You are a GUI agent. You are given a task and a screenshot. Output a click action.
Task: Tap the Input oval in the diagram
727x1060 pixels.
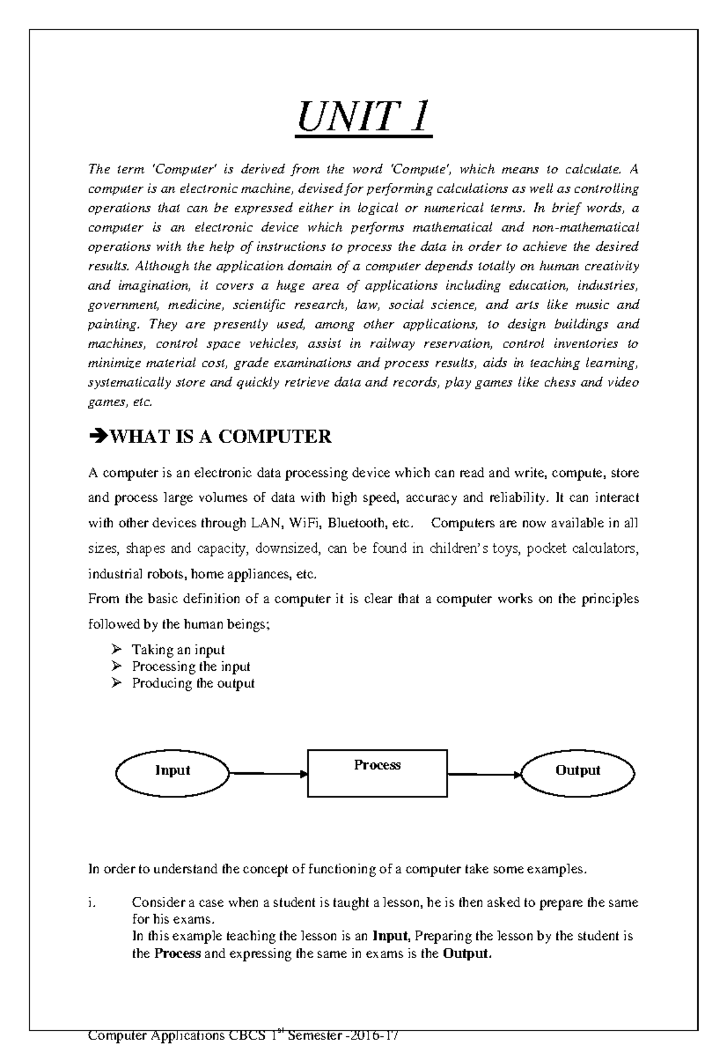(x=173, y=770)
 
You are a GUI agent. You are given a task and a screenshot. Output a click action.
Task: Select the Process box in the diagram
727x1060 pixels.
(x=377, y=772)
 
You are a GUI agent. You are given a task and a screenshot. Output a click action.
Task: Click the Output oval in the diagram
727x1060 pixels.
(x=577, y=770)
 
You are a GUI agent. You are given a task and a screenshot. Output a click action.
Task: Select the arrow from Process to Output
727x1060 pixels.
(x=485, y=774)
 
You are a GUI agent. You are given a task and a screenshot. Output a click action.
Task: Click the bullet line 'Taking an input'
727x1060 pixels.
(x=178, y=650)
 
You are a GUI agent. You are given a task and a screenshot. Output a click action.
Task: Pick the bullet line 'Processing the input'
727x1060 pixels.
(x=191, y=667)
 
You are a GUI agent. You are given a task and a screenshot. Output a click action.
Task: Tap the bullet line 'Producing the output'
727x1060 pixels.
(x=193, y=684)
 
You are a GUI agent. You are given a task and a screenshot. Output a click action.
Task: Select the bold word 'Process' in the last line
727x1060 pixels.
(x=177, y=953)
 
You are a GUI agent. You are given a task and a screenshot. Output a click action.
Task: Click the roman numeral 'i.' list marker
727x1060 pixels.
(x=91, y=902)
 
